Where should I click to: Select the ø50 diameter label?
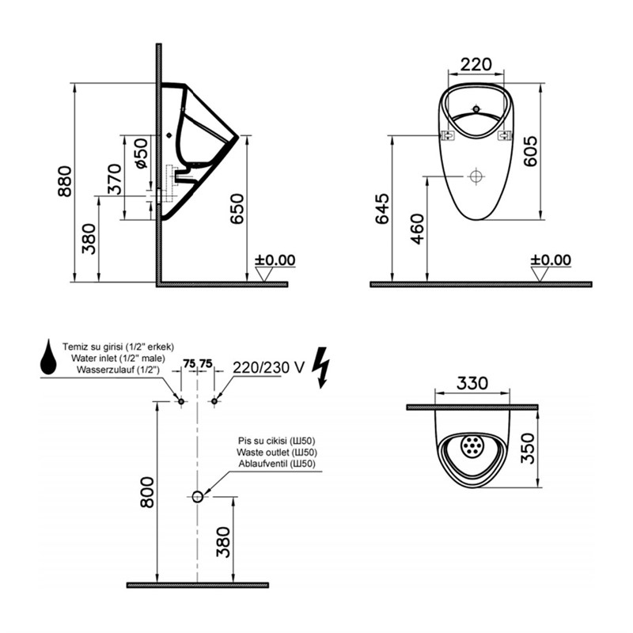pos(139,153)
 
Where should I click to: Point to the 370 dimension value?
pos(115,178)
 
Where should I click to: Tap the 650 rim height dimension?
pos(237,209)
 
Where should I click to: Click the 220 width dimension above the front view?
pos(476,64)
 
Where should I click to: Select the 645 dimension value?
pos(383,209)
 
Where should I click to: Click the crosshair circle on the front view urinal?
pos(476,176)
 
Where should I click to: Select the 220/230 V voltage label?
pos(268,366)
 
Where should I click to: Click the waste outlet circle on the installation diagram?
pos(197,496)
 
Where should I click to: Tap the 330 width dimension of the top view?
pos(472,384)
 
